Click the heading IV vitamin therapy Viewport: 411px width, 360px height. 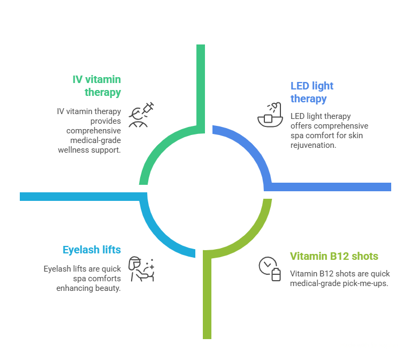click(x=97, y=86)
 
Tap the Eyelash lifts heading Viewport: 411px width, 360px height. click(x=92, y=250)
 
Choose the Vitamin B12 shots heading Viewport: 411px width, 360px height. click(x=334, y=256)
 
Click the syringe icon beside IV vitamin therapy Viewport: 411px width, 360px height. click(x=141, y=114)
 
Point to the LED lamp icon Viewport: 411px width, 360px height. click(x=269, y=114)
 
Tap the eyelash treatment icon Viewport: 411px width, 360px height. click(x=141, y=269)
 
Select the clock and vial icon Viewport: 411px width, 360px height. click(x=270, y=269)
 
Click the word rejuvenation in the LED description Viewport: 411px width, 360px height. click(x=313, y=145)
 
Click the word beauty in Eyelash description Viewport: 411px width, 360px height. click(x=109, y=288)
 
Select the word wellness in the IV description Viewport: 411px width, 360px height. click(x=74, y=150)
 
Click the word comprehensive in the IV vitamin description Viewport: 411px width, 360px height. click(x=94, y=131)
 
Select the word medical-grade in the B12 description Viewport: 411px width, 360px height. click(x=313, y=283)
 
